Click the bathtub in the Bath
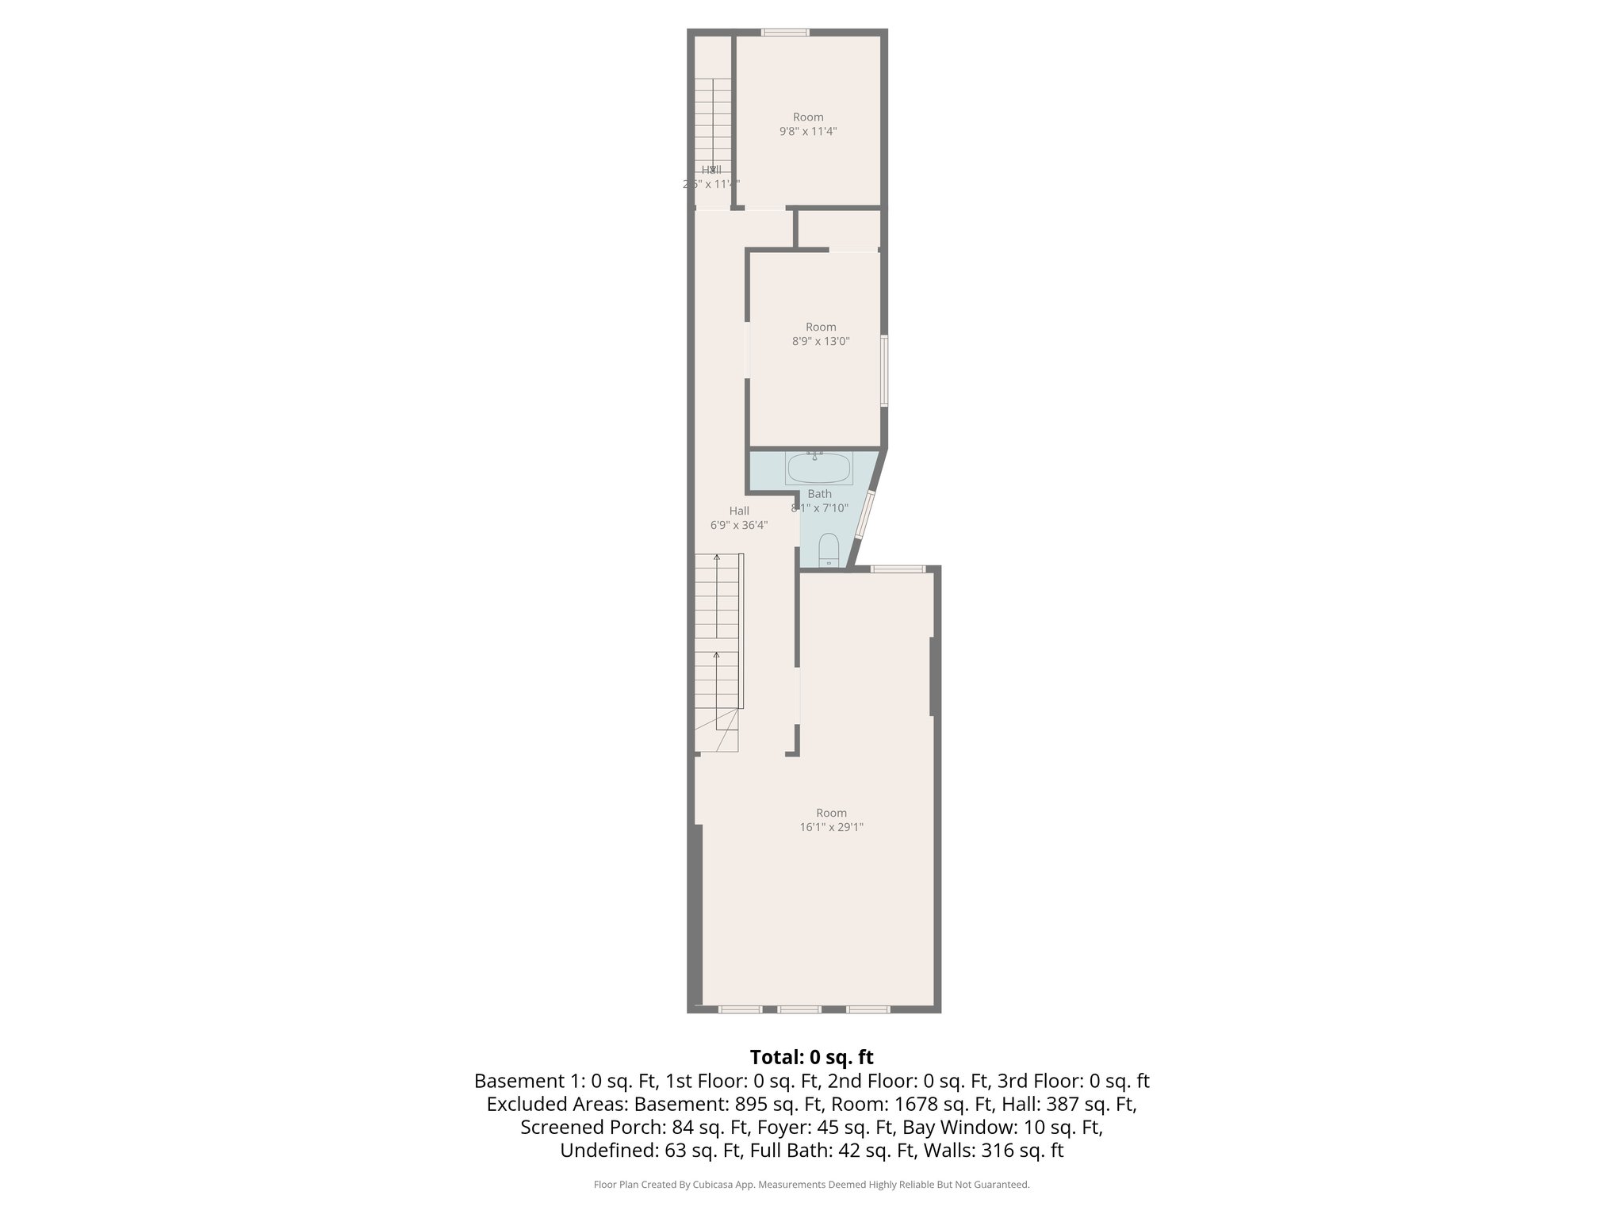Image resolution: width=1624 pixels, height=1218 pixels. click(x=818, y=469)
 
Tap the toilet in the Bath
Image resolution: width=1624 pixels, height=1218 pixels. click(x=828, y=549)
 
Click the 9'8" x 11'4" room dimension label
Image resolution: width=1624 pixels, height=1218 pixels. click(x=808, y=132)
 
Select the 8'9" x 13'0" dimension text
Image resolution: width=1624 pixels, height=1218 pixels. click(x=821, y=342)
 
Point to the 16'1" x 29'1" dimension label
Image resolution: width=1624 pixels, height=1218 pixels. click(x=831, y=827)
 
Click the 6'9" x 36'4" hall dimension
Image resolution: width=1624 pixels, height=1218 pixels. click(x=739, y=525)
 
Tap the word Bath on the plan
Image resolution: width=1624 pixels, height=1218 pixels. click(x=819, y=494)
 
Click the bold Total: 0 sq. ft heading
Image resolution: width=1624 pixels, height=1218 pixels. click(x=811, y=1057)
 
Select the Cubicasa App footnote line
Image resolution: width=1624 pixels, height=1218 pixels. click(x=811, y=1185)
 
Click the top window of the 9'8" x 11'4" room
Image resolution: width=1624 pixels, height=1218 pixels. click(x=785, y=33)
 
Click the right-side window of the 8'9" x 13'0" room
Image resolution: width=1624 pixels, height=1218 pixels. click(x=884, y=371)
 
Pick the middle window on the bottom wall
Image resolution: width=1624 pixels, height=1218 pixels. click(x=799, y=1009)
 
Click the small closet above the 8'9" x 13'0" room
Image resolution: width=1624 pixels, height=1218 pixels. click(x=838, y=229)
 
